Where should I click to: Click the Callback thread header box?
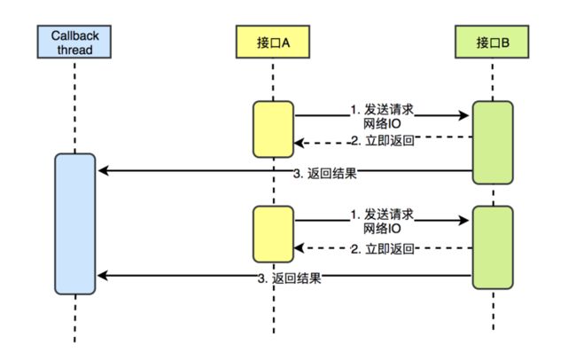click(74, 42)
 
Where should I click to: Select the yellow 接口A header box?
click(273, 42)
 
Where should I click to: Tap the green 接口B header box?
click(492, 42)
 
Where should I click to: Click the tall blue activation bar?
click(75, 224)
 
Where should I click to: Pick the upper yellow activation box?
click(273, 129)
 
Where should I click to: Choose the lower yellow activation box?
click(273, 234)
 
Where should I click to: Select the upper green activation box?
click(493, 143)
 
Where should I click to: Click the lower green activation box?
click(493, 247)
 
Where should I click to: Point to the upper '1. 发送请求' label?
click(382, 110)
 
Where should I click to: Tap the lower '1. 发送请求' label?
click(382, 215)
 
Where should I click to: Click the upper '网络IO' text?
click(382, 124)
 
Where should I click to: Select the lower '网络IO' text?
click(382, 229)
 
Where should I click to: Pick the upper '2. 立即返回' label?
click(383, 140)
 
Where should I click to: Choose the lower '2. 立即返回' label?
click(383, 249)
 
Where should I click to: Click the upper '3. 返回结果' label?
click(325, 173)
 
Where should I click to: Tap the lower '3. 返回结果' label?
click(290, 278)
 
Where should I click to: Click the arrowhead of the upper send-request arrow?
click(464, 115)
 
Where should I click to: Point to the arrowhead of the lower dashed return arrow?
click(299, 248)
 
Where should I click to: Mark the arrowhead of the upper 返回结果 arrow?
click(103, 170)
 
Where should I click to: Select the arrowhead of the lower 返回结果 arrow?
click(103, 276)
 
